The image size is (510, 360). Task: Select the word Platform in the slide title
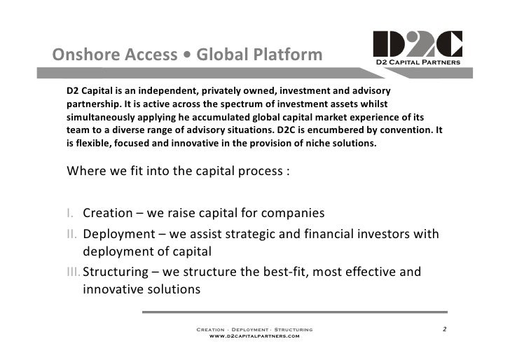pyautogui.click(x=284, y=55)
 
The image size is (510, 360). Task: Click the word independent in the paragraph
pyautogui.click(x=167, y=92)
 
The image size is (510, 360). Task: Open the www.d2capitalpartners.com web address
pyautogui.click(x=255, y=336)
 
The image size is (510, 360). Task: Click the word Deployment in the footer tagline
pyautogui.click(x=254, y=328)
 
